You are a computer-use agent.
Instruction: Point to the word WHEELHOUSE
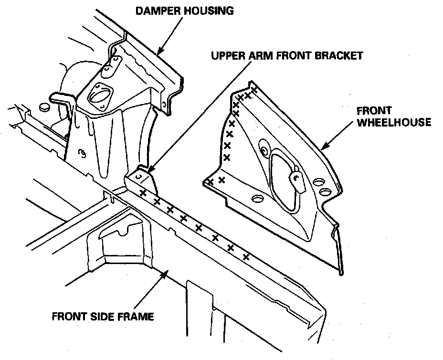click(x=394, y=122)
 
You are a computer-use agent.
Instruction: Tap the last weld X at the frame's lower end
click(x=246, y=257)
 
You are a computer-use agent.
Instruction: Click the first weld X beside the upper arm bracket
click(x=142, y=192)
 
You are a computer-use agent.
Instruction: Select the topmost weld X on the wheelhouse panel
click(x=253, y=89)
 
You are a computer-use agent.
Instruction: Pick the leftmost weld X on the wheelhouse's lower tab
click(x=210, y=181)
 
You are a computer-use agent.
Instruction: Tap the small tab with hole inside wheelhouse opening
click(x=296, y=180)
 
